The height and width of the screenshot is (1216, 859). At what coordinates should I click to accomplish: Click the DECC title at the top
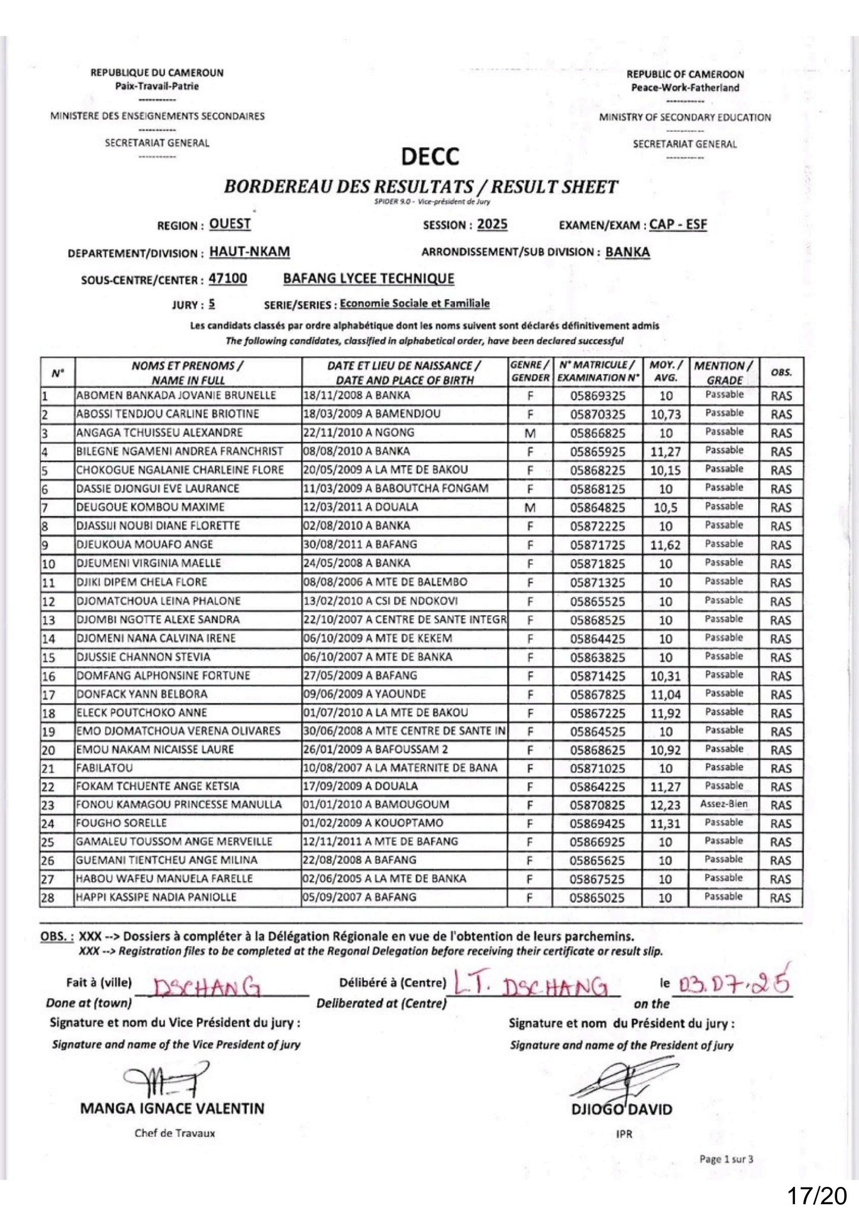[430, 157]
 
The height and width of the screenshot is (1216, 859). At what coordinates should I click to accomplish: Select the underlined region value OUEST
[230, 224]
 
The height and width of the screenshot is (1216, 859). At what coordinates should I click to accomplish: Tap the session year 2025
[492, 224]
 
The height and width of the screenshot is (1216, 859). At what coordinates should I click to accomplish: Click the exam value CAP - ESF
[678, 224]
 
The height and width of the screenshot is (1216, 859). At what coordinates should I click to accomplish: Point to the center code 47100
[228, 278]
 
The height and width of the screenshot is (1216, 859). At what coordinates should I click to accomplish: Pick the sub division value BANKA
[627, 252]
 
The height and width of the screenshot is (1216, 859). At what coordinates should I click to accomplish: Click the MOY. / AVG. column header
[666, 372]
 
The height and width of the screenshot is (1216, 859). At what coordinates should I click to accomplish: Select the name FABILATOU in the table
[104, 768]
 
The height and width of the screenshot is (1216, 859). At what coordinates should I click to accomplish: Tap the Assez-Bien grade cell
[724, 805]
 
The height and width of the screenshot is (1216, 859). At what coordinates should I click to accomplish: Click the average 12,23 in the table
[665, 806]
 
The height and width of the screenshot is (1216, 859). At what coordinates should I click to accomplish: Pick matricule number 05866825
[597, 433]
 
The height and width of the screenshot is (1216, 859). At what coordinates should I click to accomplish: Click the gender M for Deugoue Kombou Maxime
[530, 508]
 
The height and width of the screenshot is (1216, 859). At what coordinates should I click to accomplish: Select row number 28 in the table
[48, 898]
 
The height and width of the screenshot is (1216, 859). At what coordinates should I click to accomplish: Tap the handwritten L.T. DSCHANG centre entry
[531, 984]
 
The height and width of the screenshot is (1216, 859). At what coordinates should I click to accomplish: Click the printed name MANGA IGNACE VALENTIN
[172, 1109]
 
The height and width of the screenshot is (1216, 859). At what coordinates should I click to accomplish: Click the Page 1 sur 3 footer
[726, 1159]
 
